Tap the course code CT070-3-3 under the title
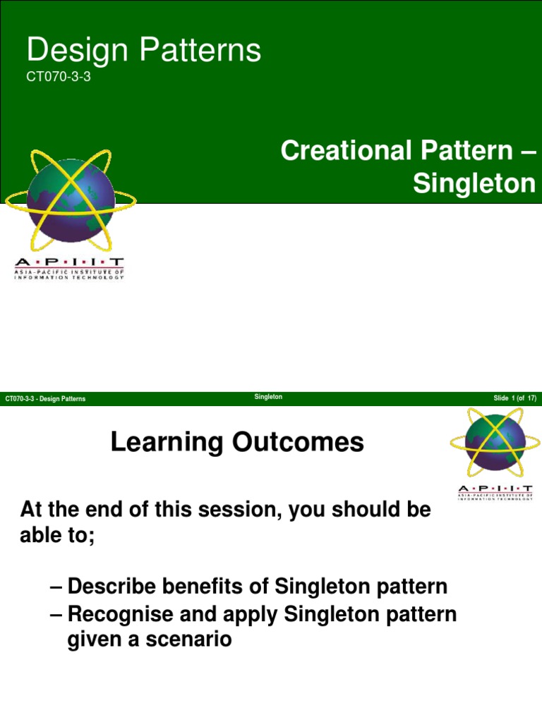click(59, 78)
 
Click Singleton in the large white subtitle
click(474, 183)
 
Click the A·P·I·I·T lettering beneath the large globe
click(69, 262)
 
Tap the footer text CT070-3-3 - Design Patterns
click(45, 399)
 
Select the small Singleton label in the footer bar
click(268, 397)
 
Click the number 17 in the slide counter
click(531, 399)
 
